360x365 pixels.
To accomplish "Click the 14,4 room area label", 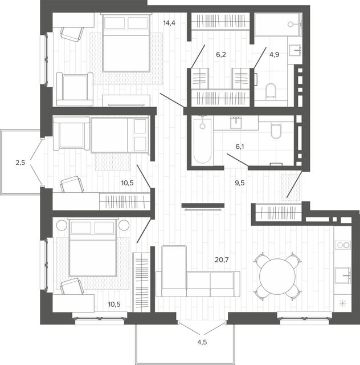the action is click(x=169, y=23).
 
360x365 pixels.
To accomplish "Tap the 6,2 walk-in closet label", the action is click(x=221, y=55).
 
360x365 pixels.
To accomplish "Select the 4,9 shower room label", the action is click(x=274, y=55).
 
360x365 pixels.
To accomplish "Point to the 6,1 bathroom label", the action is click(x=240, y=147).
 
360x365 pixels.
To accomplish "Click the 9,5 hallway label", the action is click(x=240, y=183).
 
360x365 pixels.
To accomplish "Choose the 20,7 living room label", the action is click(x=222, y=259).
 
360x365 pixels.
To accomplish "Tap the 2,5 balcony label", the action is click(x=21, y=163).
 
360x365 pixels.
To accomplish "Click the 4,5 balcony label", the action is click(x=202, y=342).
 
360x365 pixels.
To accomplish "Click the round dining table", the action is click(x=277, y=276).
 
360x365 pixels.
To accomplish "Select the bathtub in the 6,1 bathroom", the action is click(x=203, y=140).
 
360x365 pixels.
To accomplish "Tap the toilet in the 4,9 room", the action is click(x=271, y=91).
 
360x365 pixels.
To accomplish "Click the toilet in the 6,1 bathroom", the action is click(x=276, y=131).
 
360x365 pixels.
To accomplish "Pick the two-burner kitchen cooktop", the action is click(x=343, y=245).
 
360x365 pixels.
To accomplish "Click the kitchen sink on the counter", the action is click(x=343, y=275).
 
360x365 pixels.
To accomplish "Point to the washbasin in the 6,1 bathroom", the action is click(x=236, y=123).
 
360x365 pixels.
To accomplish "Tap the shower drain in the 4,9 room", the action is click(x=291, y=24).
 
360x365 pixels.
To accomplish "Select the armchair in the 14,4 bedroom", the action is click(x=75, y=90).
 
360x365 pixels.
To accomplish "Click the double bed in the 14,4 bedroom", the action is click(x=126, y=42).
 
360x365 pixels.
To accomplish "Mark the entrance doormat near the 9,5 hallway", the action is click(x=290, y=187).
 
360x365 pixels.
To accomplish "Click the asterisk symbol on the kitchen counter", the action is click(x=343, y=303).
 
